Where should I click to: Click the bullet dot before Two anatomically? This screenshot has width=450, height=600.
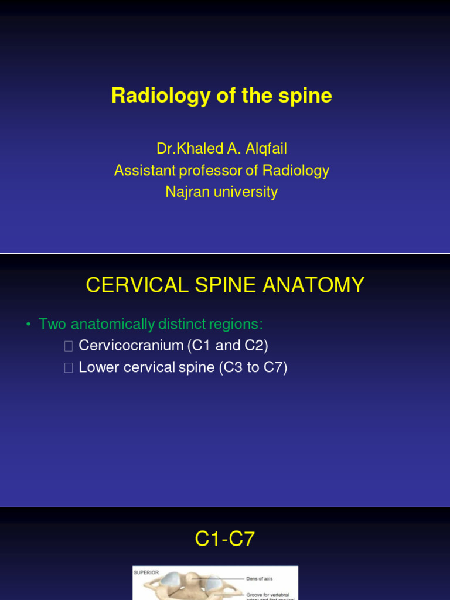(28, 324)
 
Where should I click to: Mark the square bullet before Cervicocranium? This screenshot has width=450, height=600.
(69, 346)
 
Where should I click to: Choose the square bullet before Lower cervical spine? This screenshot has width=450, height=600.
(69, 368)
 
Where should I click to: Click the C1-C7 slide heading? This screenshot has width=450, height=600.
(225, 538)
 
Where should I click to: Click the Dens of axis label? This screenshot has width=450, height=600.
(260, 578)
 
